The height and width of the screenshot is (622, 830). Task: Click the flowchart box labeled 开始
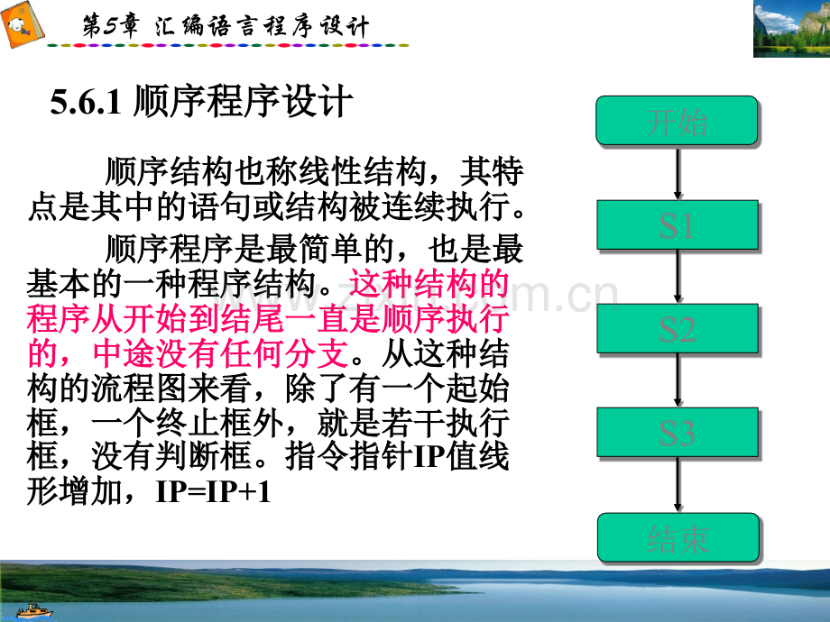click(x=677, y=121)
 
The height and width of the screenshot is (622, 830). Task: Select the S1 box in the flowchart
click(x=677, y=224)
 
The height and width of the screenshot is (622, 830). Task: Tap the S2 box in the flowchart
click(x=677, y=329)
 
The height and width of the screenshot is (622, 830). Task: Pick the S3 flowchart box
click(x=677, y=434)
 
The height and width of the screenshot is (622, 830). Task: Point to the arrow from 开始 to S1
click(x=677, y=172)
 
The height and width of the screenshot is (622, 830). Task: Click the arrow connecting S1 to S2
click(x=677, y=277)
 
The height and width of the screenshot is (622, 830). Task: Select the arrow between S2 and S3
click(x=677, y=381)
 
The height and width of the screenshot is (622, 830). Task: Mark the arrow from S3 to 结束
click(x=677, y=486)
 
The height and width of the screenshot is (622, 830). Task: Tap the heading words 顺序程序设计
click(x=240, y=104)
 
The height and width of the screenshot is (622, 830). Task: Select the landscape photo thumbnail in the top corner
click(x=790, y=29)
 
